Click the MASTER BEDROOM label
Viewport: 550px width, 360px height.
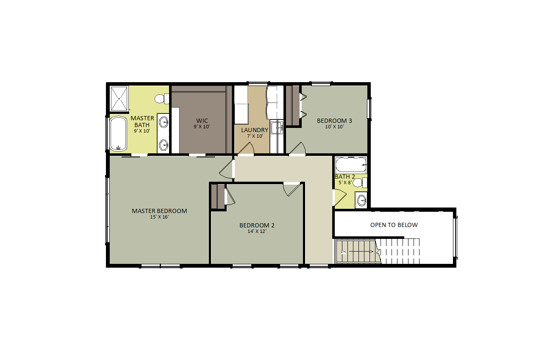coord(159,211)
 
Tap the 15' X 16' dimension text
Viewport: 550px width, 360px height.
coord(159,217)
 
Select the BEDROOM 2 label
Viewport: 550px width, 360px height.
coord(257,225)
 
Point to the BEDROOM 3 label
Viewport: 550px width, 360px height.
coord(334,121)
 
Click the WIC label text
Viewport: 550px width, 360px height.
coord(202,121)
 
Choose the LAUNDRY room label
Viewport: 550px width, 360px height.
coord(255,130)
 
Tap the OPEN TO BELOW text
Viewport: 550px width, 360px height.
coord(394,225)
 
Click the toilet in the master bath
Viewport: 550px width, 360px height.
coord(162,99)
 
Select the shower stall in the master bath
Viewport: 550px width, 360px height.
coord(119,98)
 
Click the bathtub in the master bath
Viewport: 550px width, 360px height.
coord(118,134)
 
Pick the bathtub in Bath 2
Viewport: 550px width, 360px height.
coord(351,165)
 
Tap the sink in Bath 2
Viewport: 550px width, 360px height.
coord(362,200)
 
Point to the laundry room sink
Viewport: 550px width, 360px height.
coord(277,127)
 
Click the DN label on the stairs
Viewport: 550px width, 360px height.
coord(343,252)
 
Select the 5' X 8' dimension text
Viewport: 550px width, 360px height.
coord(345,183)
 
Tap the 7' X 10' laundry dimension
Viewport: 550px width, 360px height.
coord(255,136)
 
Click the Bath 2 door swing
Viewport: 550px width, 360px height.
coord(340,197)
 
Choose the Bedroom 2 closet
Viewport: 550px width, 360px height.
coord(218,197)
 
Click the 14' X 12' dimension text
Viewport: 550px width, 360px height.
coord(257,231)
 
